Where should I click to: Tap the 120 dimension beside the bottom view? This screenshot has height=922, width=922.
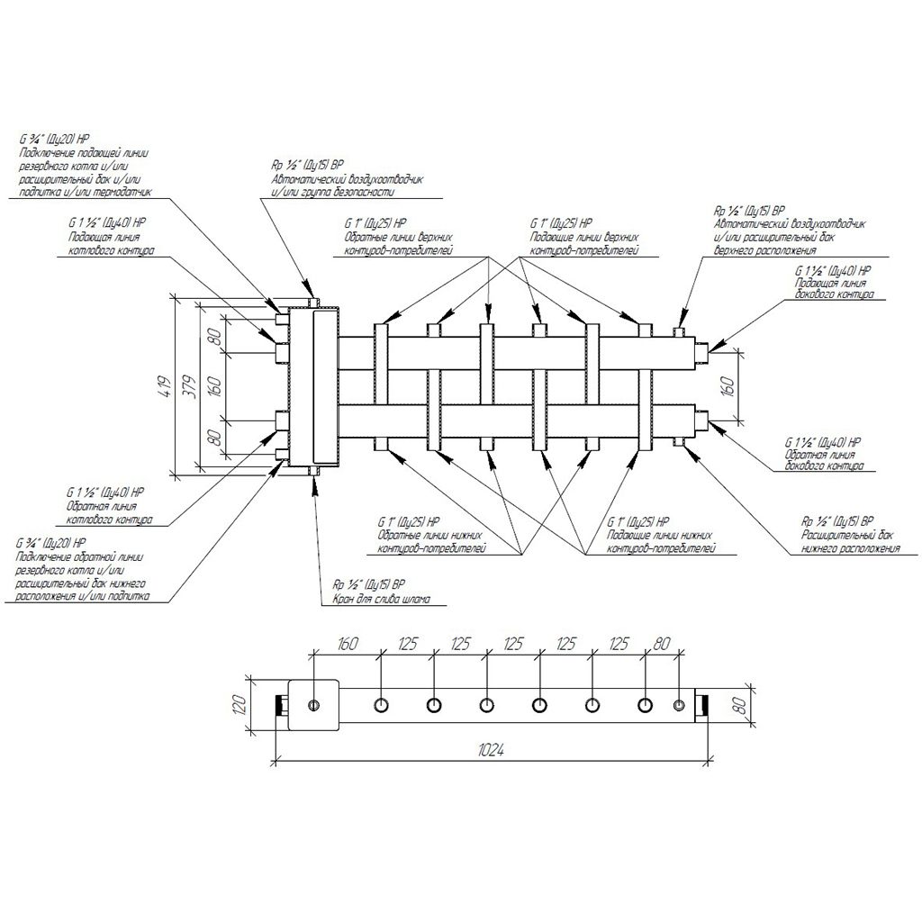[x=240, y=702]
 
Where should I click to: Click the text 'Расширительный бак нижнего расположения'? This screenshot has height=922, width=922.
[x=851, y=542]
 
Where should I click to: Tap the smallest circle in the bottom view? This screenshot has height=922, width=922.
[x=680, y=704]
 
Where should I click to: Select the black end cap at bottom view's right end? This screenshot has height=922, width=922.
[x=704, y=704]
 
